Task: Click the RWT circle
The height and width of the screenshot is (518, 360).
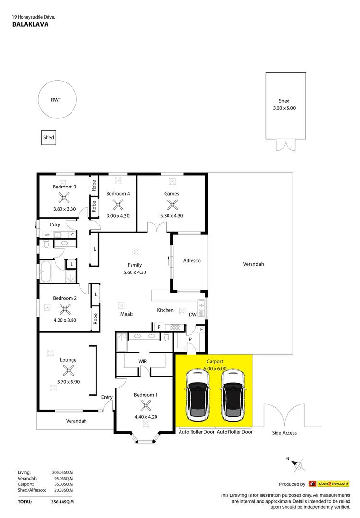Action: pos(56,100)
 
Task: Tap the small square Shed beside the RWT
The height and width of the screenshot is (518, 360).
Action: pos(48,138)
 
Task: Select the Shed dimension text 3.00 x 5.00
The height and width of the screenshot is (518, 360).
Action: pos(284,108)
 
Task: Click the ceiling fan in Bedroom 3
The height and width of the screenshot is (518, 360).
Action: pos(63,197)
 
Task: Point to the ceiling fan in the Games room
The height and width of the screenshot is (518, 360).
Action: pos(171,204)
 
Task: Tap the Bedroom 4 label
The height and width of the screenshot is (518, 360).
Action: pos(118,194)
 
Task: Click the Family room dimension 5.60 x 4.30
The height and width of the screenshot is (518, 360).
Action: pos(134,272)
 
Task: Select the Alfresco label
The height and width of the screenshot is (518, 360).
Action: pos(192,261)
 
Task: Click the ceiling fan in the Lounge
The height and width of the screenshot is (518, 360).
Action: pos(69,370)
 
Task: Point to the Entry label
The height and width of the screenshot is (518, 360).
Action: pos(107,397)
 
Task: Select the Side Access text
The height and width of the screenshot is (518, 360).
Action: pos(284,433)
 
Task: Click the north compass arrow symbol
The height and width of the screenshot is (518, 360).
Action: pos(298,464)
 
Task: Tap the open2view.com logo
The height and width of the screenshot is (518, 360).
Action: pos(329,484)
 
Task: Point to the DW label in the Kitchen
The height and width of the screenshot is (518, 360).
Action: pos(192,315)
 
